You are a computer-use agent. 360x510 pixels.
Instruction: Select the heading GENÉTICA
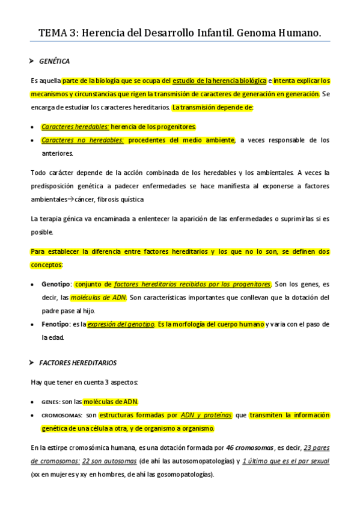(x=55, y=61)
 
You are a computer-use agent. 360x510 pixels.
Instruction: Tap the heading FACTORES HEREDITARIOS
(x=78, y=363)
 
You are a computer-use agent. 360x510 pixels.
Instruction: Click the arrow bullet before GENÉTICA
(x=32, y=61)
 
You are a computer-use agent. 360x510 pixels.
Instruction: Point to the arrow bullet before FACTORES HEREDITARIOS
(x=32, y=363)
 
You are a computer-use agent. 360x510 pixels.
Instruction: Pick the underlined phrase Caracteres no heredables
(x=82, y=140)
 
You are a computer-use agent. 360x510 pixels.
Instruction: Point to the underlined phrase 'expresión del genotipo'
(x=120, y=325)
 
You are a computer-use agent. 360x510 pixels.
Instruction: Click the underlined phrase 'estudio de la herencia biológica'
(x=219, y=81)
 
